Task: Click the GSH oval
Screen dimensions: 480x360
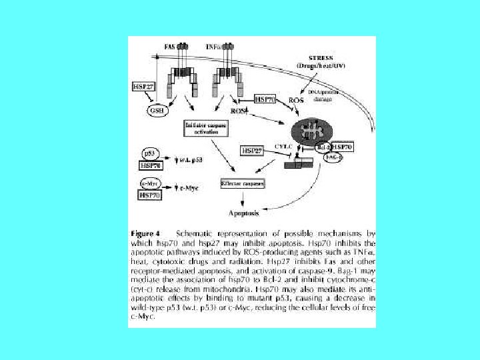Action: (158, 110)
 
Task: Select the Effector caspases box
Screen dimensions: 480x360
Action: (242, 183)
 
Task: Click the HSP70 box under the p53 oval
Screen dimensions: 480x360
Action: (150, 165)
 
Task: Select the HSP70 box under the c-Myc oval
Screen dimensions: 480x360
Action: (150, 195)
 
